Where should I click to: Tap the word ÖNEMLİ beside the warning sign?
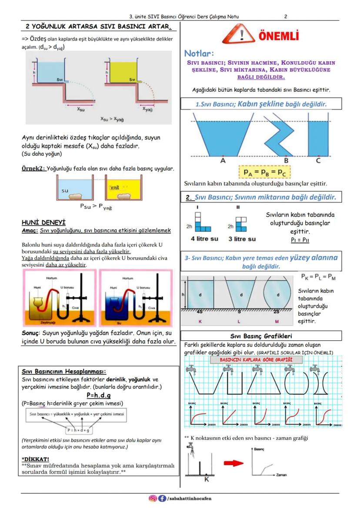[x=279, y=36]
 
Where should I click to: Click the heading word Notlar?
[x=199, y=53]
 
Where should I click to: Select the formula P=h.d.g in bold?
[x=99, y=395]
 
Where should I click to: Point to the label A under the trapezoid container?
[x=223, y=160]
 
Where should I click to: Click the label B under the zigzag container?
[x=286, y=160]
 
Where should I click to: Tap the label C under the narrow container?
[x=318, y=160]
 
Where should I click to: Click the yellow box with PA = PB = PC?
[x=265, y=173]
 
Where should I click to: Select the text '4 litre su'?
[x=205, y=239]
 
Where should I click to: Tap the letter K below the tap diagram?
[x=207, y=479]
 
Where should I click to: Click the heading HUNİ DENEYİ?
[x=43, y=223]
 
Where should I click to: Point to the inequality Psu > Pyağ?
[x=96, y=207]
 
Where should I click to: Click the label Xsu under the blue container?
[x=81, y=109]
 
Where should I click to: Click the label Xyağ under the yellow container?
[x=148, y=109]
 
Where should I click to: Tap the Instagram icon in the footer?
[x=153, y=499]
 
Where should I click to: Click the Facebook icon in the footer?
[x=162, y=499]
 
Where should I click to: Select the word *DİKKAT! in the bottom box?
[x=36, y=459]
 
